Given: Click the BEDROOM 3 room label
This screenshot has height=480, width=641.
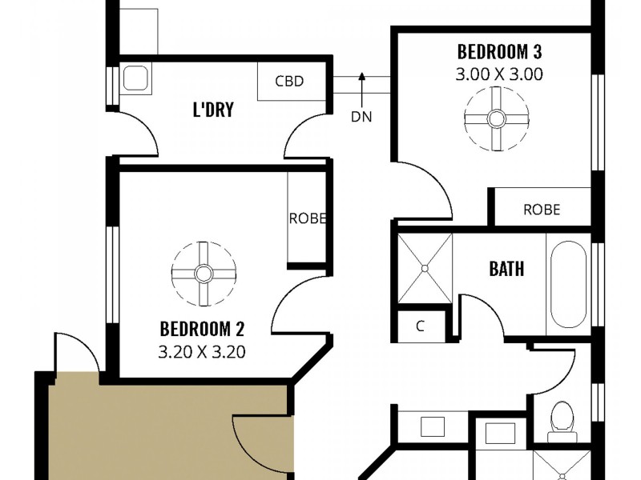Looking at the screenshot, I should (499, 53).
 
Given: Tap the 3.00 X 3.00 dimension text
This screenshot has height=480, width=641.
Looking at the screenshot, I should (499, 75).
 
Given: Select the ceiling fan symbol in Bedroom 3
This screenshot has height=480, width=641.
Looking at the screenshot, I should (496, 119).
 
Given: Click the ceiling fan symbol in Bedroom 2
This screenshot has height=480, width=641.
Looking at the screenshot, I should (204, 274).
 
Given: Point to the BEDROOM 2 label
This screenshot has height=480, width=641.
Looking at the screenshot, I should (202, 328).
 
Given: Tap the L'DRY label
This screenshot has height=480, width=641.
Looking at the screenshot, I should (213, 110).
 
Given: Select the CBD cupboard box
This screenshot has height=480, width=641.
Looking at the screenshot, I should (290, 82).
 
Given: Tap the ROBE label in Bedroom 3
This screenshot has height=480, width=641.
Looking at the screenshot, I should (542, 210).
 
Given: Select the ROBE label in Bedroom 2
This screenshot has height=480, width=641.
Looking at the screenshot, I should (307, 218).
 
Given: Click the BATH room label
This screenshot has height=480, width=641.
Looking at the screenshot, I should (506, 268).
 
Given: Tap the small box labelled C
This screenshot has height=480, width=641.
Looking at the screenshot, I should (421, 326).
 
